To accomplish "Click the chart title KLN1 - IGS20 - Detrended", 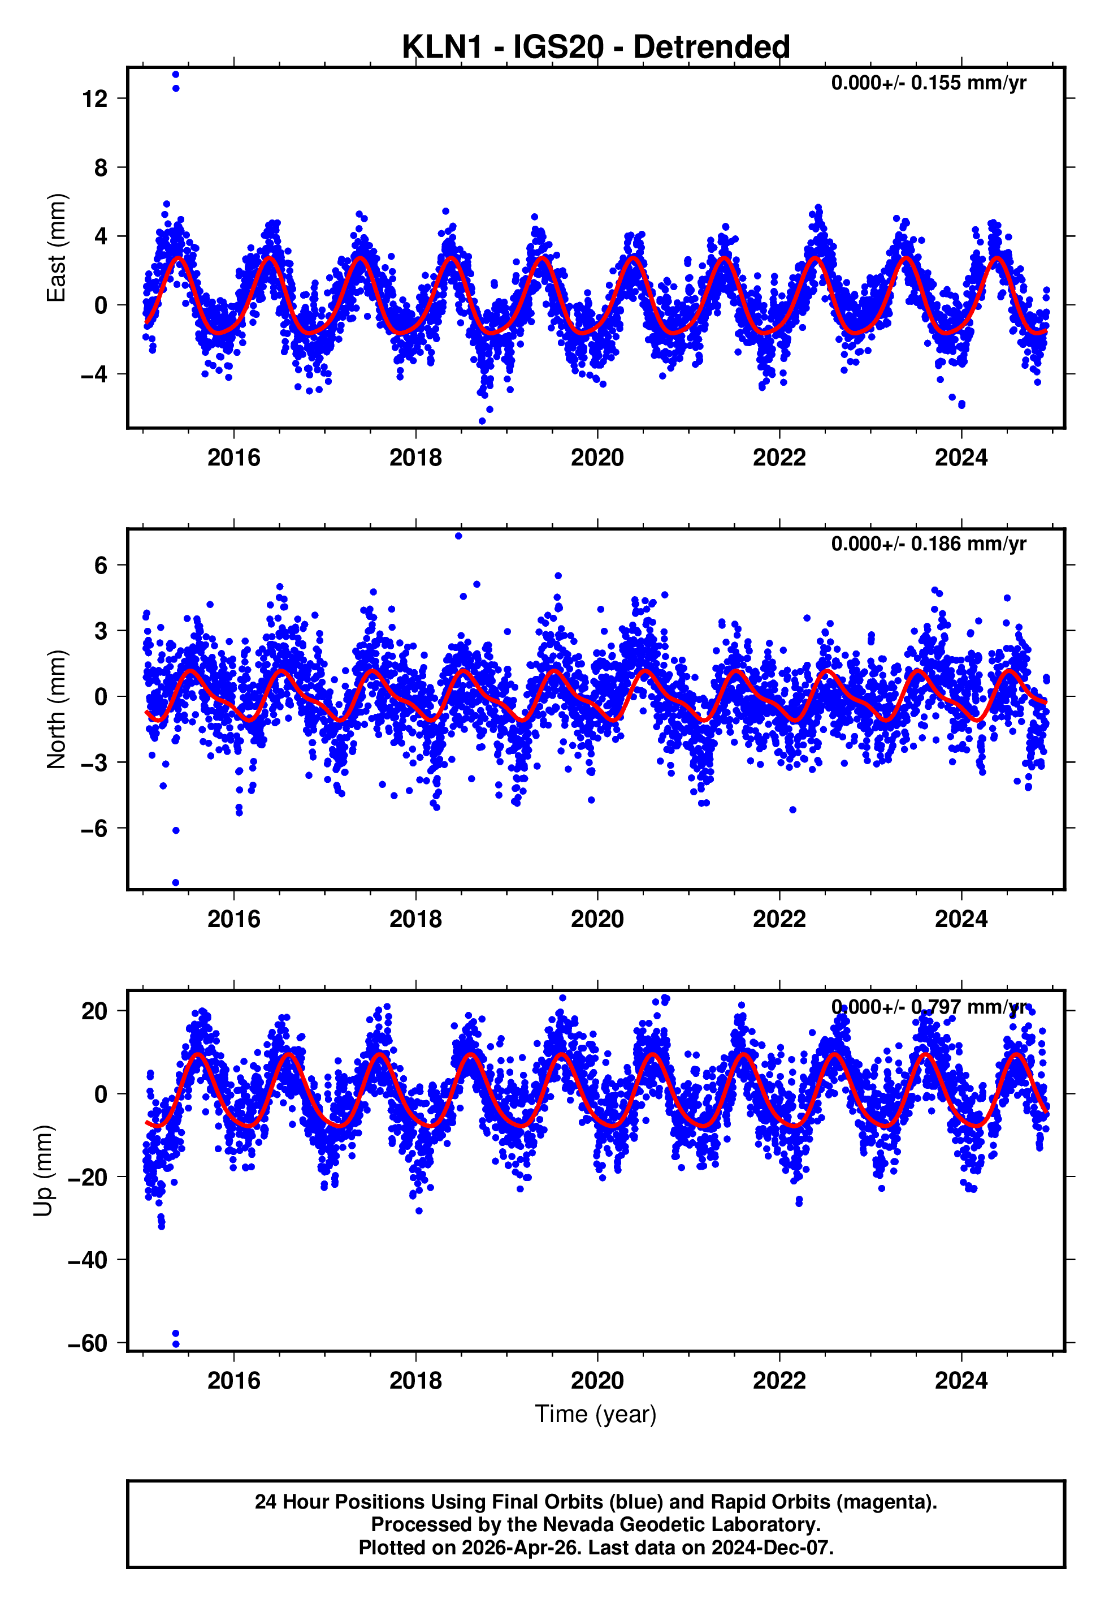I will (596, 48).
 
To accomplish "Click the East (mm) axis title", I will (55, 248).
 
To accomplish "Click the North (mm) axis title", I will (55, 709).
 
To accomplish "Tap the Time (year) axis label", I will (596, 1414).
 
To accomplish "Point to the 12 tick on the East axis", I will (94, 99).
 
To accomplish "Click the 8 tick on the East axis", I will (101, 167).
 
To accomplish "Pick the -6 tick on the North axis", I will (94, 828).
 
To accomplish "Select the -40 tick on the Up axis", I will (88, 1260).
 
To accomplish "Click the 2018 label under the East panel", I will (415, 458).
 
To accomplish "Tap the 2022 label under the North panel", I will (779, 919).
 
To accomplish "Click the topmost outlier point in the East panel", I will (176, 74).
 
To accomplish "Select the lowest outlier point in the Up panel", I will (176, 1344).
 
